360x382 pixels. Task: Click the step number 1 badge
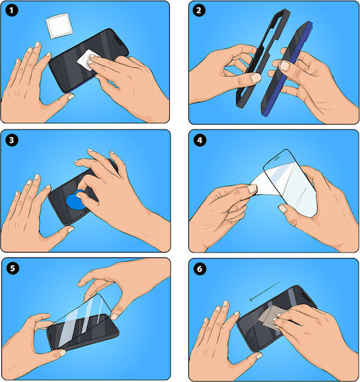click(x=11, y=11)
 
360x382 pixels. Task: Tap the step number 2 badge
click(x=199, y=11)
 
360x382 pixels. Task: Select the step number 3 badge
click(x=12, y=140)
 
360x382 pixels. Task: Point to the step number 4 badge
click(x=199, y=140)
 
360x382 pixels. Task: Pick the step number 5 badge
click(x=13, y=269)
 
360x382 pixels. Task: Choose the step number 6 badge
click(x=199, y=269)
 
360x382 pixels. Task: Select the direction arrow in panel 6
click(x=265, y=291)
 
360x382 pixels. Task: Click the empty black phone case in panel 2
click(x=263, y=59)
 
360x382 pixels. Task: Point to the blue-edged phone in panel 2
click(x=287, y=69)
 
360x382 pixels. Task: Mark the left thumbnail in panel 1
click(x=71, y=97)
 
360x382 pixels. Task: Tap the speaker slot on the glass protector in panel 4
click(x=277, y=158)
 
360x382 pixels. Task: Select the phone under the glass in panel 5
click(x=83, y=332)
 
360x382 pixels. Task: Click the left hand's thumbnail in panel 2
click(x=255, y=78)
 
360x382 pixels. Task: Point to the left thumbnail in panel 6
click(x=259, y=356)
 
